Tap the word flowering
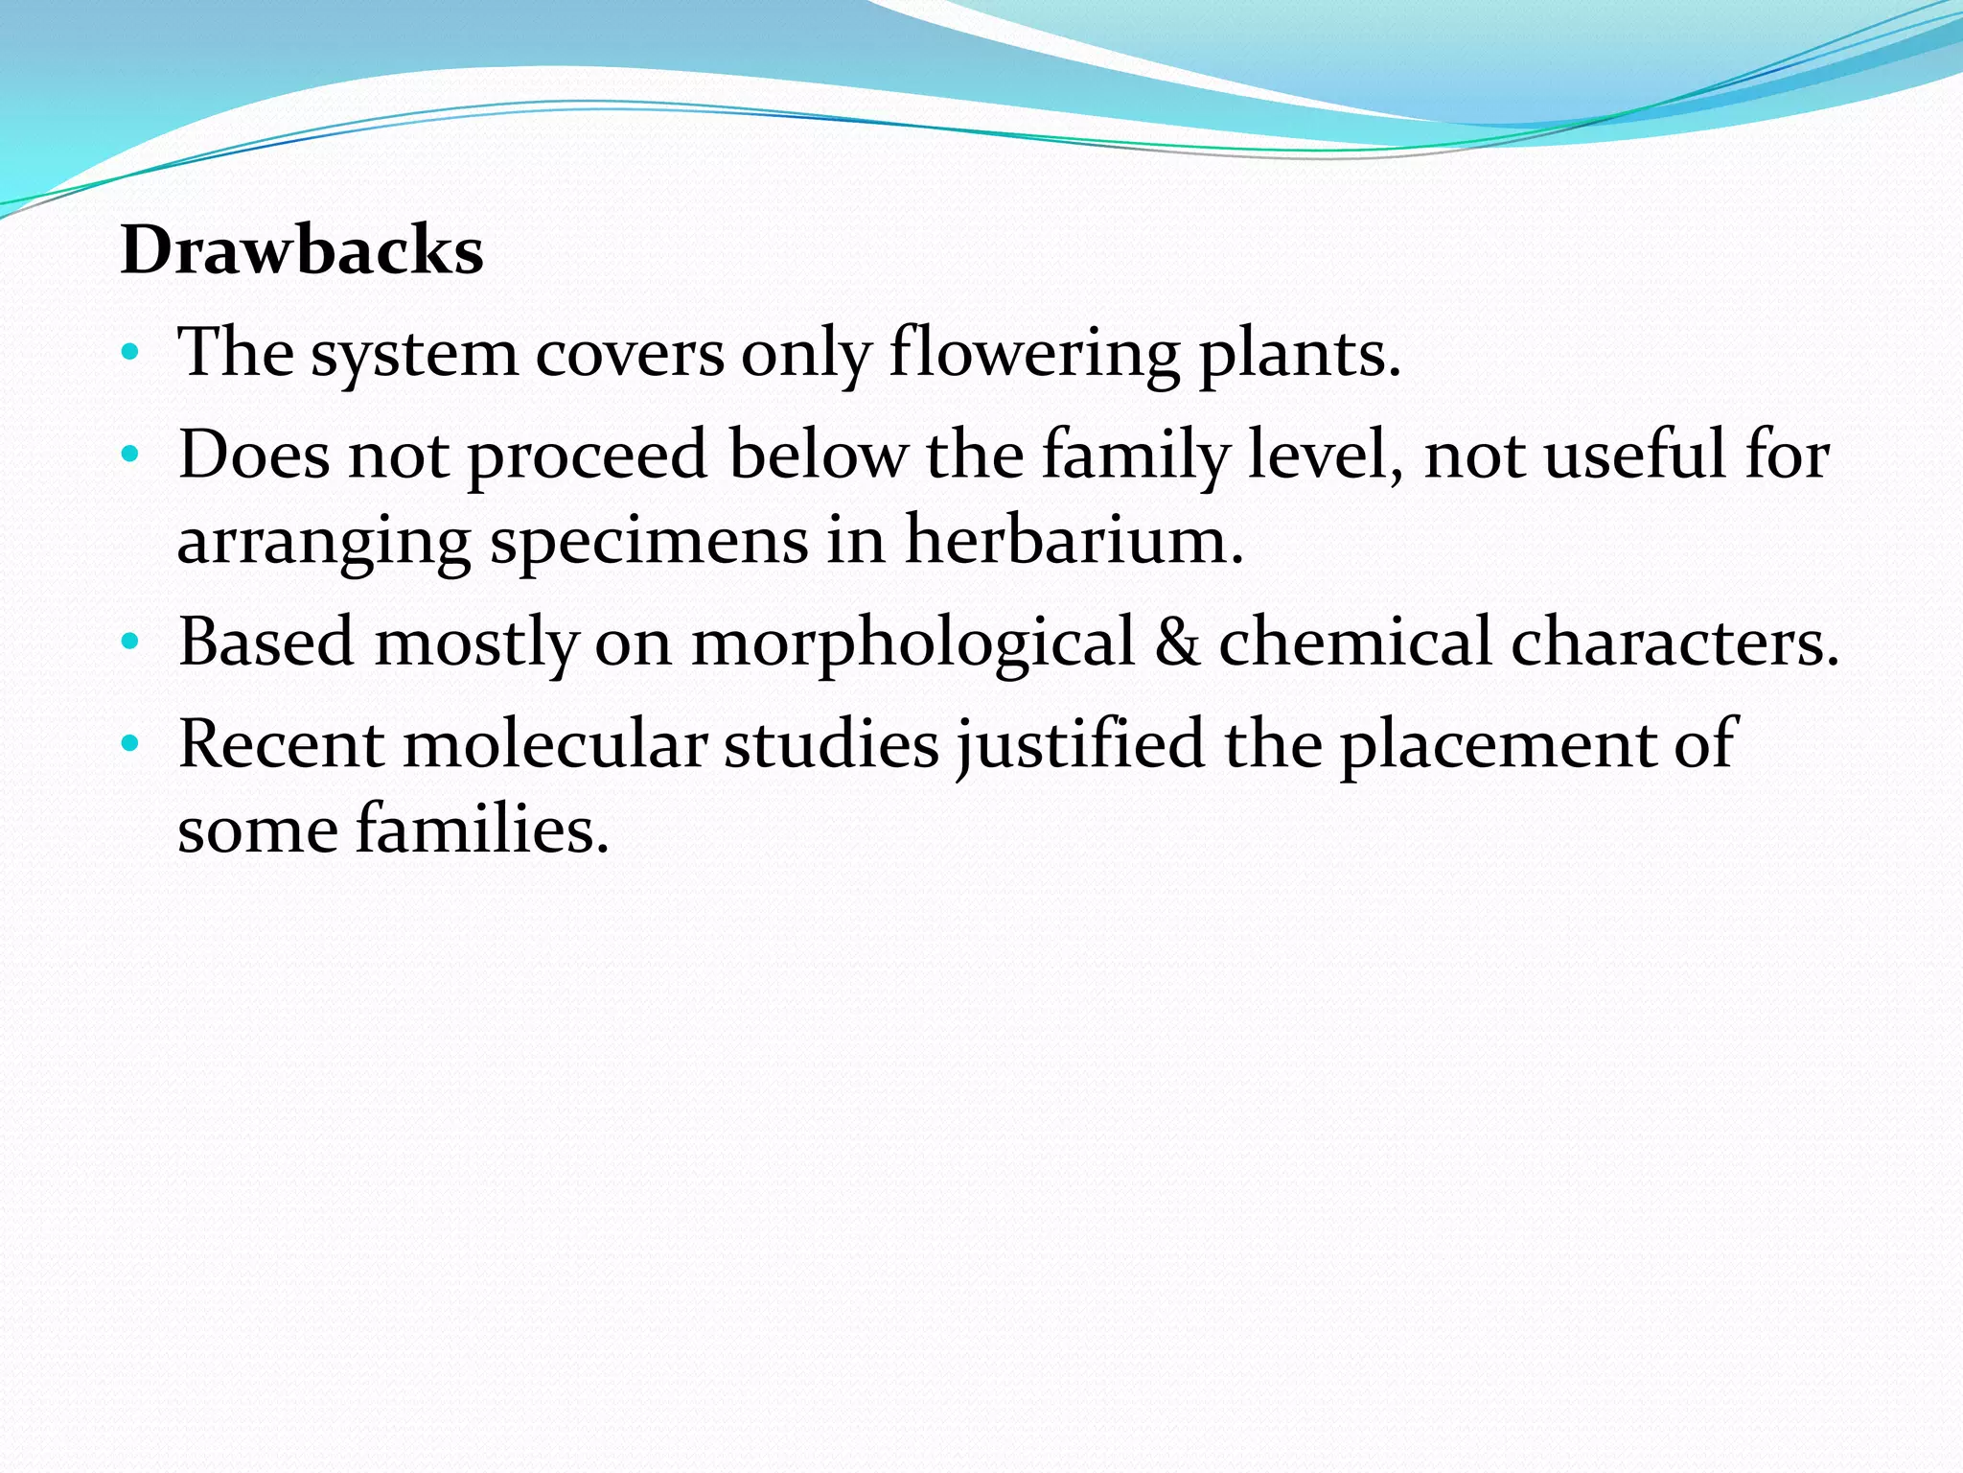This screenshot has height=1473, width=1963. [1034, 354]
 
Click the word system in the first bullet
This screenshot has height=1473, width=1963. [414, 354]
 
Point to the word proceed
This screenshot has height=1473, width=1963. [588, 455]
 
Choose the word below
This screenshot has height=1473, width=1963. [817, 455]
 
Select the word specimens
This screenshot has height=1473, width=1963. [649, 541]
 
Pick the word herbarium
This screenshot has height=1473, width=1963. [1074, 541]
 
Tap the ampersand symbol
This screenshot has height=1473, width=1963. [1176, 642]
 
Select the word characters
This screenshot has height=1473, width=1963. [1674, 642]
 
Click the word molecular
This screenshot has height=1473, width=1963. [554, 743]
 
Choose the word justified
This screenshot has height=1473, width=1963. [1079, 743]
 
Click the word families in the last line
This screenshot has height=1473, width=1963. [482, 830]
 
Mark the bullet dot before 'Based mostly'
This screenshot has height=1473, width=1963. [131, 642]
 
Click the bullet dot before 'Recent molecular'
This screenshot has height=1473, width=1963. [131, 743]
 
